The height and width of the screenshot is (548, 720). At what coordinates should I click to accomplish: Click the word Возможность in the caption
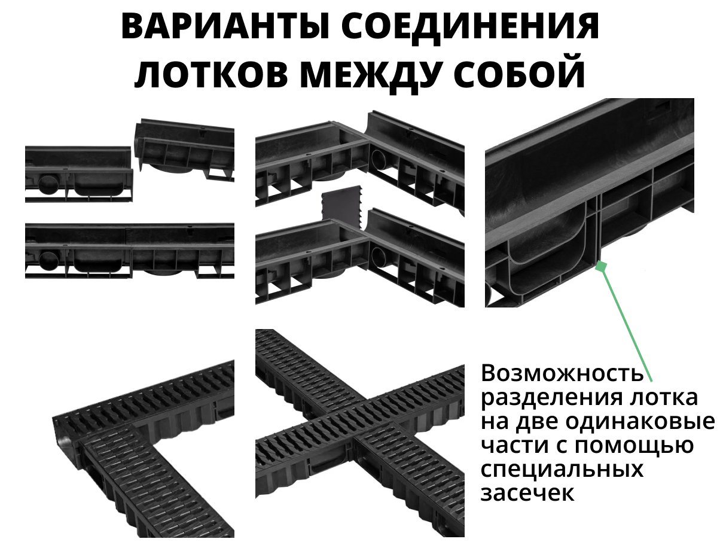click(562, 374)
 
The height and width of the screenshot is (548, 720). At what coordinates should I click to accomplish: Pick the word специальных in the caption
click(562, 470)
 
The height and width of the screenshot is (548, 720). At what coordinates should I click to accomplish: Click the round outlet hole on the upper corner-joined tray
click(381, 162)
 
